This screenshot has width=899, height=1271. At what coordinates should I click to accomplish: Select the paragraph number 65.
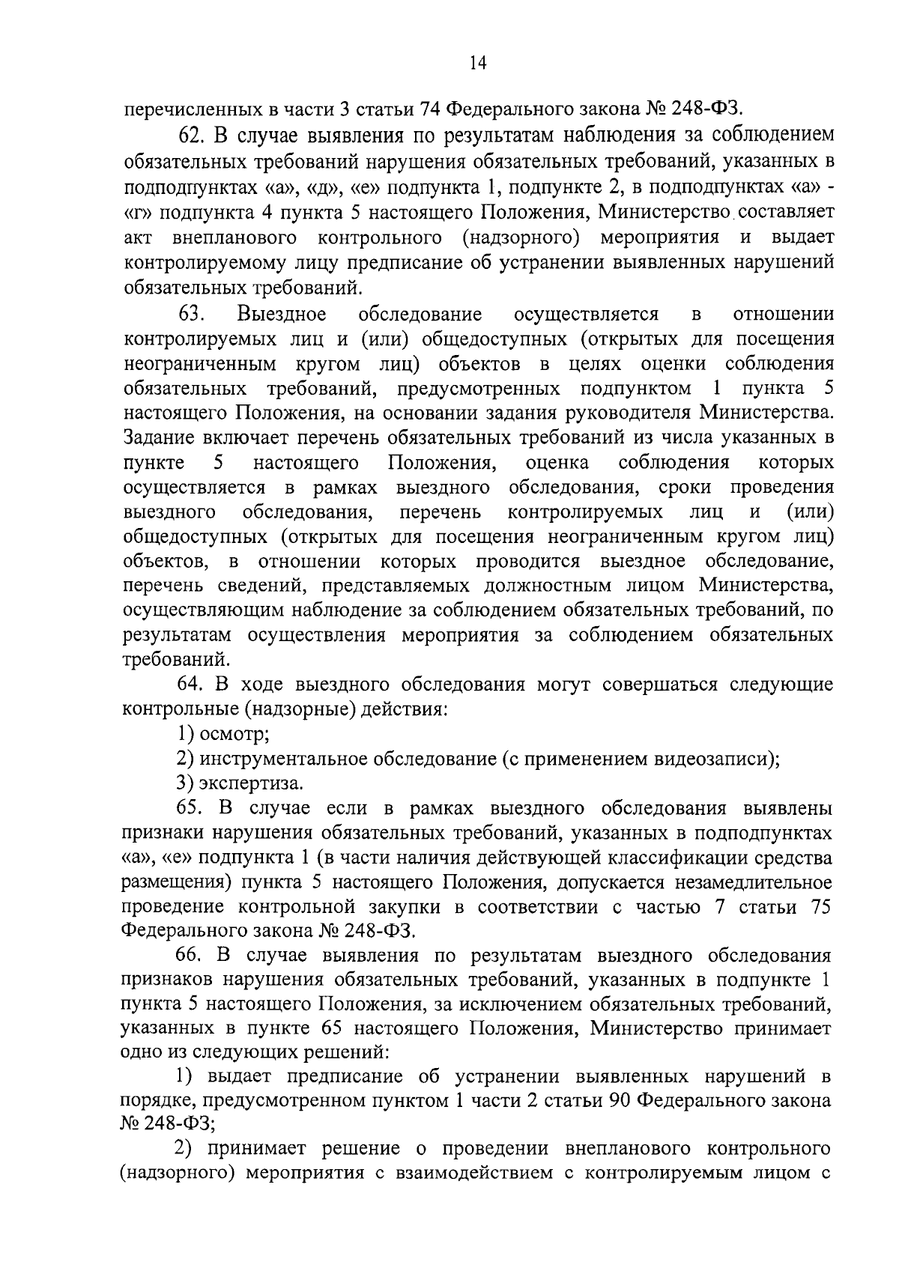point(190,808)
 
